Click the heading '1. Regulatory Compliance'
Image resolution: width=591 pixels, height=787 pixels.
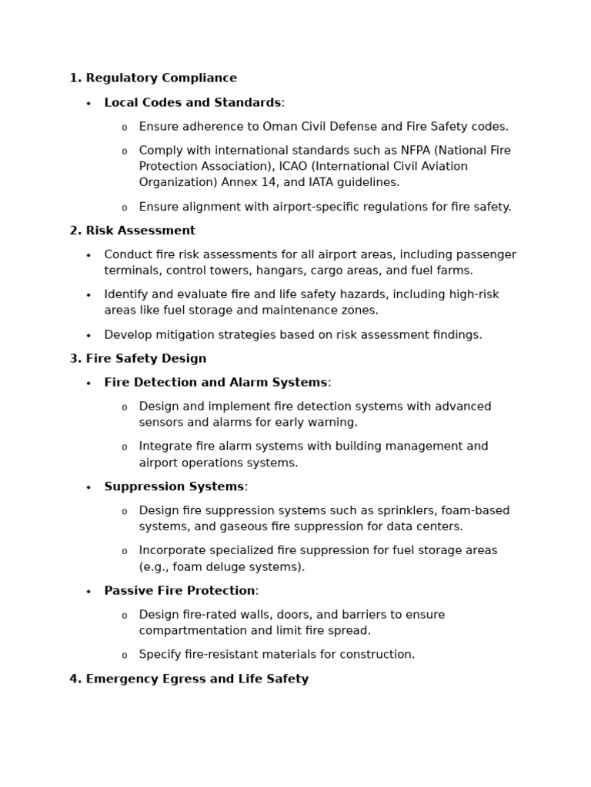153,78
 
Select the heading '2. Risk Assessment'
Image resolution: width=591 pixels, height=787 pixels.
132,231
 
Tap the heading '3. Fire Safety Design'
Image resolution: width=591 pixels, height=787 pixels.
138,359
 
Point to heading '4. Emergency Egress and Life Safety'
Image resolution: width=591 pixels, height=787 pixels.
189,679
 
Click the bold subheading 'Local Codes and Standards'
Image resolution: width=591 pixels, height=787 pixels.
192,103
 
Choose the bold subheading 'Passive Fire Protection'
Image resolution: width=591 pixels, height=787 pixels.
179,591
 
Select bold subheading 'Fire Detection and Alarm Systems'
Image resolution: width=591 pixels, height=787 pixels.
215,383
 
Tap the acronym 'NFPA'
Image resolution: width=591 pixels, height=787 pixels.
416,151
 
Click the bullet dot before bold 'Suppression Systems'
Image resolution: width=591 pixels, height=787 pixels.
88,487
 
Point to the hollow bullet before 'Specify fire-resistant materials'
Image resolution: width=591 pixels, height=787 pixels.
124,656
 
